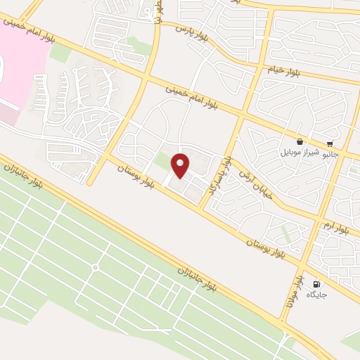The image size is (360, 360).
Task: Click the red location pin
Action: [181, 166]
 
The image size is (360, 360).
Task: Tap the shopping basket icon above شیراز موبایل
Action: [300, 141]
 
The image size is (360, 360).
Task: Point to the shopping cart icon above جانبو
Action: [330, 143]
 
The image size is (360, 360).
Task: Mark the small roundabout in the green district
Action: [95, 268]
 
